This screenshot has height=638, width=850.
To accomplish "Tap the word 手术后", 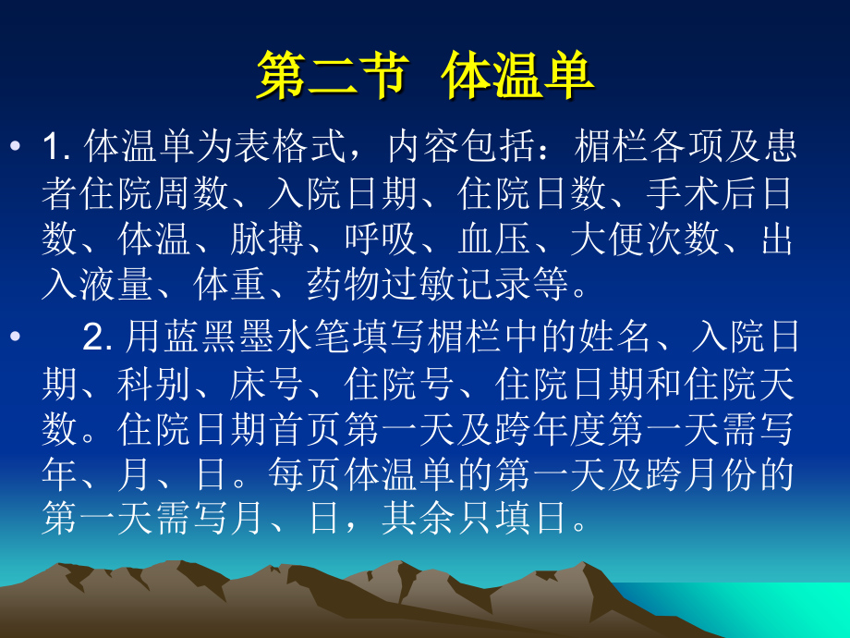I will (x=703, y=193).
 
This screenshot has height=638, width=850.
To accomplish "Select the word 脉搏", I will (x=268, y=240).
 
